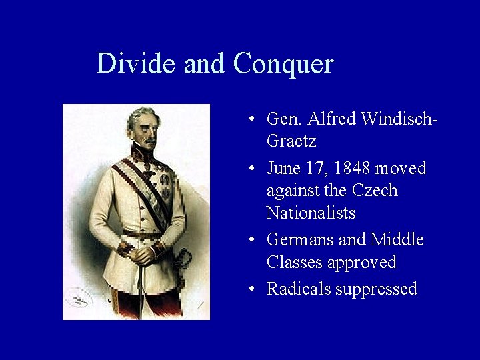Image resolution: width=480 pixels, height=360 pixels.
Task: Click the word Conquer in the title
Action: [283, 65]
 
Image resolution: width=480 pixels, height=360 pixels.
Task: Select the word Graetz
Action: [291, 141]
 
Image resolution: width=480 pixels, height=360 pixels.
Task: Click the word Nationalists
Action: [311, 213]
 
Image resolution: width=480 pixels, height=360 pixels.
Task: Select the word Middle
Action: [397, 239]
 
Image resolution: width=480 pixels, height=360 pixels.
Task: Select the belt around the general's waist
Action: [143, 234]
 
